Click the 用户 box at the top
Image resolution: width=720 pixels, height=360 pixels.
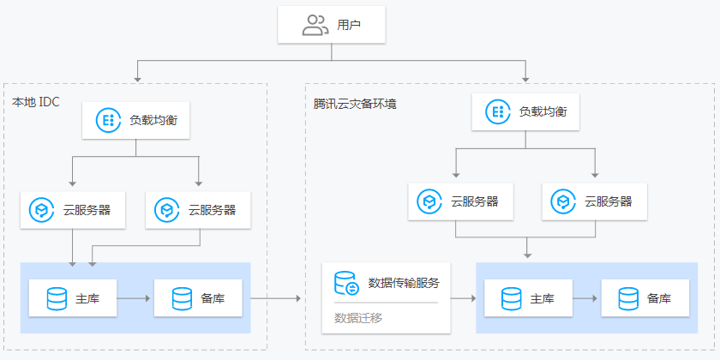[x=331, y=26]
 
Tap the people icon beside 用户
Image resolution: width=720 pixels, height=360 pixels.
[x=315, y=26]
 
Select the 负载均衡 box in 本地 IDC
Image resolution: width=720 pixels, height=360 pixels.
[x=135, y=120]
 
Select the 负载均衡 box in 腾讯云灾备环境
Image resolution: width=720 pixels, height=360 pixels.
[x=525, y=112]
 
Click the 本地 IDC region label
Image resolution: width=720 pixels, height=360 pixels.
[x=36, y=102]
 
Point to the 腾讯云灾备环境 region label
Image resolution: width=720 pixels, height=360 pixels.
[x=355, y=104]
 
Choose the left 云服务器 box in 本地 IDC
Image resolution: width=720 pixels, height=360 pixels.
[x=73, y=209]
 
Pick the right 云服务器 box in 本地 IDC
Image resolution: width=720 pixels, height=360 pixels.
[x=199, y=209]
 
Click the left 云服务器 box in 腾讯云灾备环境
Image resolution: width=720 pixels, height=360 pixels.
[x=461, y=201]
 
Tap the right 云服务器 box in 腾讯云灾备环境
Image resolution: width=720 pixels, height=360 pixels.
[x=595, y=201]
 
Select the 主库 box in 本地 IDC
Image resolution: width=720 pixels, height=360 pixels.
[x=73, y=298]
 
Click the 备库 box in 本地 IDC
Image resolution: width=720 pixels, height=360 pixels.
[x=199, y=298]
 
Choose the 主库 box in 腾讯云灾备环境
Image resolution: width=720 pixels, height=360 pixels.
[x=528, y=298]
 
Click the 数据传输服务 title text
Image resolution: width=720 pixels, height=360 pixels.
[x=403, y=283]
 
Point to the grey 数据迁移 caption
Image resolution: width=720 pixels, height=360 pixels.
[x=358, y=318]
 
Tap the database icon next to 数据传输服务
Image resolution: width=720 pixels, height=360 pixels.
[x=346, y=283]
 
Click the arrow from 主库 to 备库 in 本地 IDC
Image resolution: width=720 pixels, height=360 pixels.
[x=135, y=298]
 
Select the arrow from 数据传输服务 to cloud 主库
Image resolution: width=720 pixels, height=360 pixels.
[x=463, y=298]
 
